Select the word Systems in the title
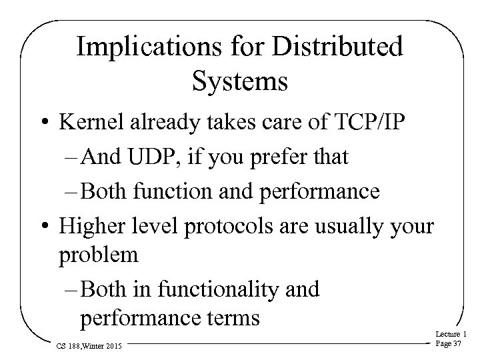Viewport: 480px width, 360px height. pyautogui.click(x=239, y=82)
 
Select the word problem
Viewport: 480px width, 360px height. pyautogui.click(x=99, y=254)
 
